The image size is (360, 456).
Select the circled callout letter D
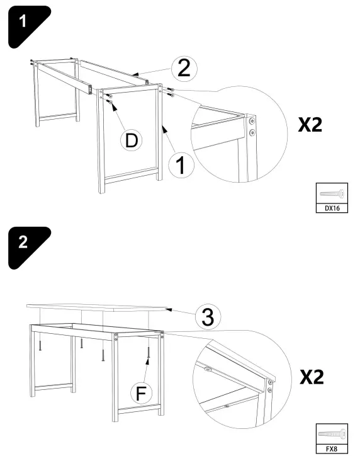(131, 140)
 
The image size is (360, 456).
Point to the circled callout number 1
(181, 166)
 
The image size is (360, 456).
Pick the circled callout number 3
(205, 317)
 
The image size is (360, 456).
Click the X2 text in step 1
(310, 124)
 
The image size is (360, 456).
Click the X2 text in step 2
(311, 377)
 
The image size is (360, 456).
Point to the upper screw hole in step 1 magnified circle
(252, 120)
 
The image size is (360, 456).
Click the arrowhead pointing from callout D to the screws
(115, 106)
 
